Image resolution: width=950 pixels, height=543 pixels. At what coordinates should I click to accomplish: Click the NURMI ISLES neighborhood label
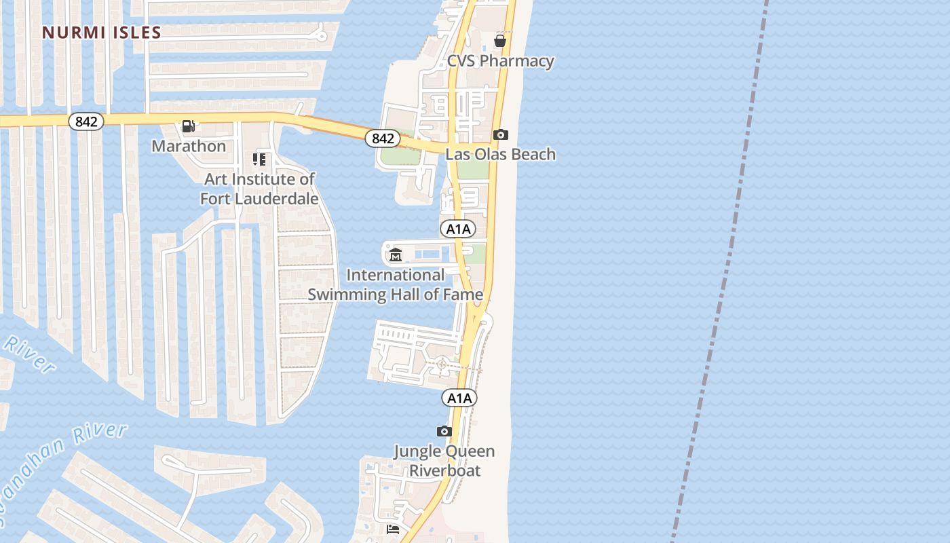(102, 33)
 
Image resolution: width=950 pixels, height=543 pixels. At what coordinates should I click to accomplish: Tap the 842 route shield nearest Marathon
(86, 121)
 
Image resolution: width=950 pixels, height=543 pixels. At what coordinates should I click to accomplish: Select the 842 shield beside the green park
(383, 138)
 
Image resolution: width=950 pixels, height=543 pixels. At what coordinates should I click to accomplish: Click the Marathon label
(189, 146)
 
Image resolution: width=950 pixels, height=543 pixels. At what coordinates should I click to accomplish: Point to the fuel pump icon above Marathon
(189, 126)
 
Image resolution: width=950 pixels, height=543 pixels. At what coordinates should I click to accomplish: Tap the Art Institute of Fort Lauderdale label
(259, 189)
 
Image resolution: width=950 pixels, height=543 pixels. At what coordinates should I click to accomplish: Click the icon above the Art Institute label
(259, 160)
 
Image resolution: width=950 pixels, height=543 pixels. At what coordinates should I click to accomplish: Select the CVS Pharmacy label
(500, 61)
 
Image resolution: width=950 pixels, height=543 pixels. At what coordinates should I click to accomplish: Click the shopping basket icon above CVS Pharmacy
(500, 41)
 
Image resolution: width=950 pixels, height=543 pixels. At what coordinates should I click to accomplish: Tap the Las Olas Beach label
(500, 154)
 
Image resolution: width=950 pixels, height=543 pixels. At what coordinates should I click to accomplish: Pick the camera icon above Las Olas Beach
(500, 135)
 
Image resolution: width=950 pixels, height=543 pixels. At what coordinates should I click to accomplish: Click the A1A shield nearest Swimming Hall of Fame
(458, 229)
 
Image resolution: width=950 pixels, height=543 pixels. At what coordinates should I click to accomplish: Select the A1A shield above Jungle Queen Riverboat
(459, 398)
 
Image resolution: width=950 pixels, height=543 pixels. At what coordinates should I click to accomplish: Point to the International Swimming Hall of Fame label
(396, 284)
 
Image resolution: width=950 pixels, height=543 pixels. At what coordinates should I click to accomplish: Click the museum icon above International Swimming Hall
(396, 255)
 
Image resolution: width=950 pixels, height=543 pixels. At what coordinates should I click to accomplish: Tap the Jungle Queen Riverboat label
(444, 461)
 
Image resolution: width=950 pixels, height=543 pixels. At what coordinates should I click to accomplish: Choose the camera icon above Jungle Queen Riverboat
(444, 431)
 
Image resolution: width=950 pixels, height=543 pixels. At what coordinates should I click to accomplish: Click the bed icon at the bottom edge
(393, 529)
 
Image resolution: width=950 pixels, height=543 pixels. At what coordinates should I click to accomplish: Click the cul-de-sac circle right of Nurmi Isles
(322, 36)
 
